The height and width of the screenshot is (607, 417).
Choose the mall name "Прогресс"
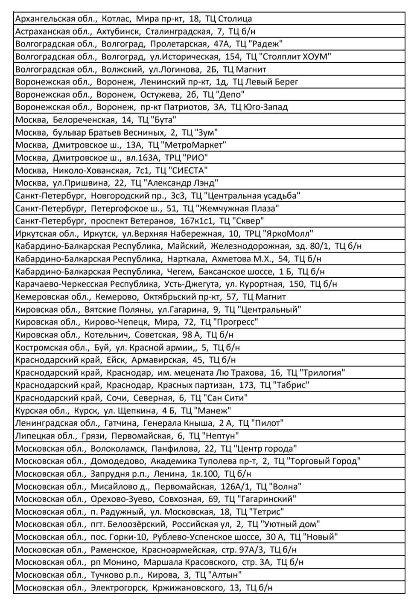click(x=236, y=322)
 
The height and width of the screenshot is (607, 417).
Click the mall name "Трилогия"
click(x=323, y=373)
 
